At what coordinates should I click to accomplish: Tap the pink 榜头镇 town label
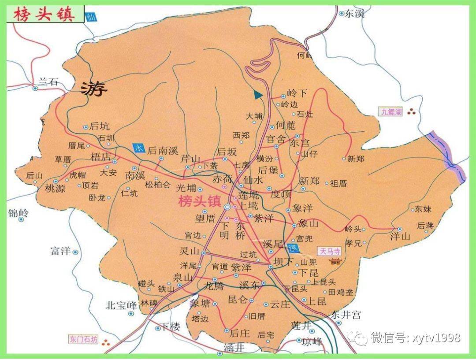pyautogui.click(x=199, y=201)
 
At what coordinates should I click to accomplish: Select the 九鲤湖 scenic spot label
pyautogui.click(x=391, y=112)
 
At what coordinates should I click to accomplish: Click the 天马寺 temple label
pyautogui.click(x=330, y=252)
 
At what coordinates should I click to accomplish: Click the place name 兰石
pyautogui.click(x=48, y=81)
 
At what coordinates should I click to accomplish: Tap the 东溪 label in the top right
pyautogui.click(x=355, y=14)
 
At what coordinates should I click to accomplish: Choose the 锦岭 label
pyautogui.click(x=18, y=213)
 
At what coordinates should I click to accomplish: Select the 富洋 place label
pyautogui.click(x=60, y=252)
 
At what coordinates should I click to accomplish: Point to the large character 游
pyautogui.click(x=94, y=90)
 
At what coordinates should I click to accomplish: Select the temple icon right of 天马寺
pyautogui.click(x=336, y=261)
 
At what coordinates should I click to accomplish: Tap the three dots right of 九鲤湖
pyautogui.click(x=413, y=112)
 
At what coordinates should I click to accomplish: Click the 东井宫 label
pyautogui.click(x=346, y=315)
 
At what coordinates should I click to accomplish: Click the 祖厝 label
pyautogui.click(x=339, y=183)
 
